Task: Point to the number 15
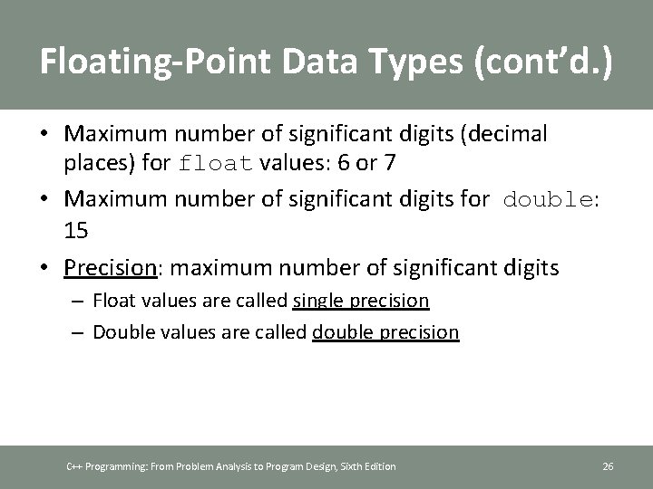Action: (76, 232)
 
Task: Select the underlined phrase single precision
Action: (361, 300)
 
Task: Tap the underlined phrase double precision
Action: (385, 332)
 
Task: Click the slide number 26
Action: (608, 466)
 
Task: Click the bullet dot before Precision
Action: (44, 268)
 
